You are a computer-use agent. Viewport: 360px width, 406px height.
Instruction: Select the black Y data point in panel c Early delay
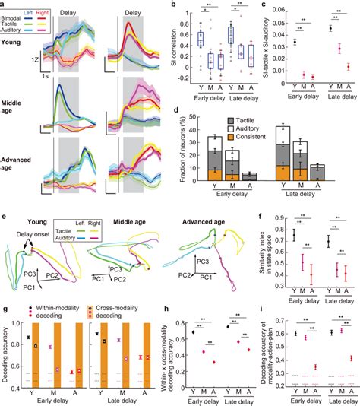[x=295, y=43]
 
